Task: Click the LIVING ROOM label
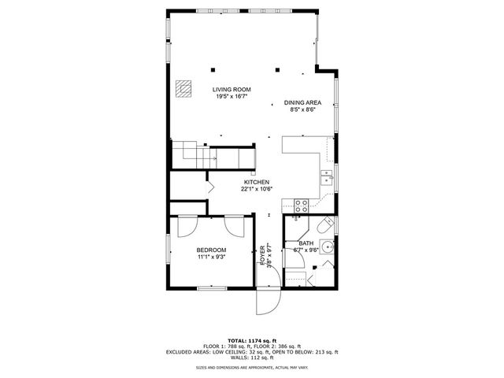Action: pos(232,90)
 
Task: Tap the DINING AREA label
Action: pos(303,102)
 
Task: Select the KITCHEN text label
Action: pos(256,181)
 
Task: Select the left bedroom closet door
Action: pos(188,226)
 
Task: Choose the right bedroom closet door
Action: pos(234,226)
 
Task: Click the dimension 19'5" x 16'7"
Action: pos(232,98)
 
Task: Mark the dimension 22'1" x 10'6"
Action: pos(256,189)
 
